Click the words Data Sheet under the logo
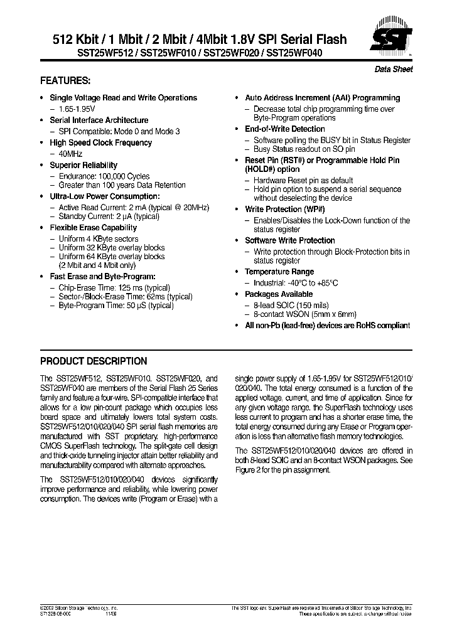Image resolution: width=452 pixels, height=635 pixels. click(394, 70)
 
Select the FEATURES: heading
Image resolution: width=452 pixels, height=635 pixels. click(65, 82)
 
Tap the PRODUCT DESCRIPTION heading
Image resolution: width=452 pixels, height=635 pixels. click(94, 361)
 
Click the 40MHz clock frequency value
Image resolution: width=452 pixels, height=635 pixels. click(70, 154)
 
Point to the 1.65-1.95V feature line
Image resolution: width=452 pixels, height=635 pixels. click(75, 109)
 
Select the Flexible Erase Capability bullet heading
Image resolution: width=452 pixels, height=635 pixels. click(93, 227)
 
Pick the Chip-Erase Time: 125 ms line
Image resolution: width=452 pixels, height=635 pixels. click(105, 287)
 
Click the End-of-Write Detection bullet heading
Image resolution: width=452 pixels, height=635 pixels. click(284, 129)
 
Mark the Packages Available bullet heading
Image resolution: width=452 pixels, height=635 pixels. click(278, 294)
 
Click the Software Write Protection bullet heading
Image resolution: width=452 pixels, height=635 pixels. click(289, 240)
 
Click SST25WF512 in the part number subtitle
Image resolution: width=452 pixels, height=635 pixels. click(68, 54)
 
